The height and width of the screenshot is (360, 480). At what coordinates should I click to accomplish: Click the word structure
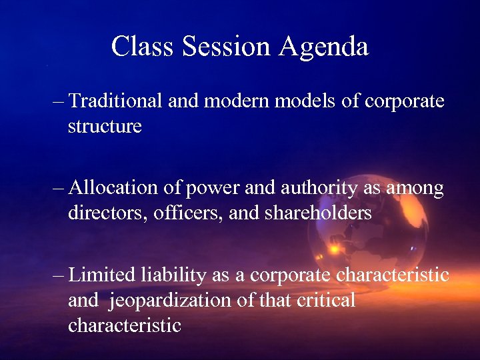105,126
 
